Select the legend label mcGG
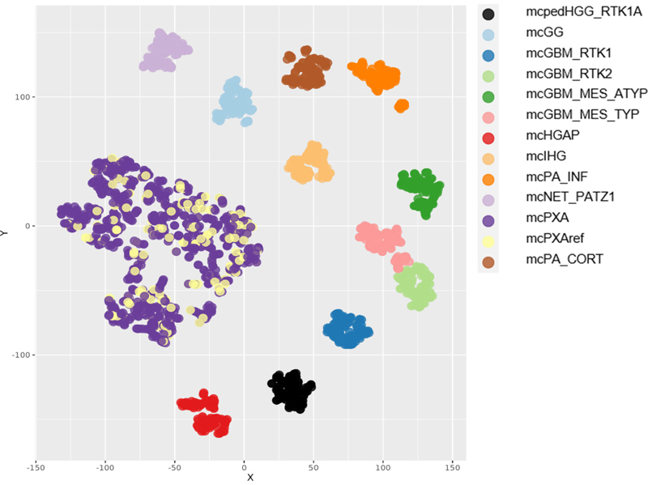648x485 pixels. coord(543,33)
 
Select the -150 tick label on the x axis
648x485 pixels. coord(36,467)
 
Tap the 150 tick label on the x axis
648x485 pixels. coord(454,467)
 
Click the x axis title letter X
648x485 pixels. coord(250,478)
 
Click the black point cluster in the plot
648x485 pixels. coord(291,391)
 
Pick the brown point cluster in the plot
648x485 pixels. coord(305,71)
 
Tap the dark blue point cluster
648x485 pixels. coord(347,329)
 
